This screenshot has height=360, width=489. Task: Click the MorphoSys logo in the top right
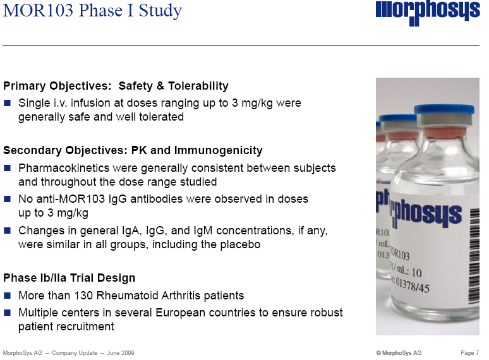point(428,13)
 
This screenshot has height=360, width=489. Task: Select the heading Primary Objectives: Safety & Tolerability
point(116,86)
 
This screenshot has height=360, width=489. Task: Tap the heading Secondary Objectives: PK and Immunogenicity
point(133,150)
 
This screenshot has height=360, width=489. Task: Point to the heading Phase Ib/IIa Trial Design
point(69,278)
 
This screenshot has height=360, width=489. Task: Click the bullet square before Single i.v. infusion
point(8,103)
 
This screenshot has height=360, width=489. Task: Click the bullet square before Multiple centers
point(8,313)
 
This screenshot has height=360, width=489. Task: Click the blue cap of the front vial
point(444,110)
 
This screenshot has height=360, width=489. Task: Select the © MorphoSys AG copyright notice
point(399,352)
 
